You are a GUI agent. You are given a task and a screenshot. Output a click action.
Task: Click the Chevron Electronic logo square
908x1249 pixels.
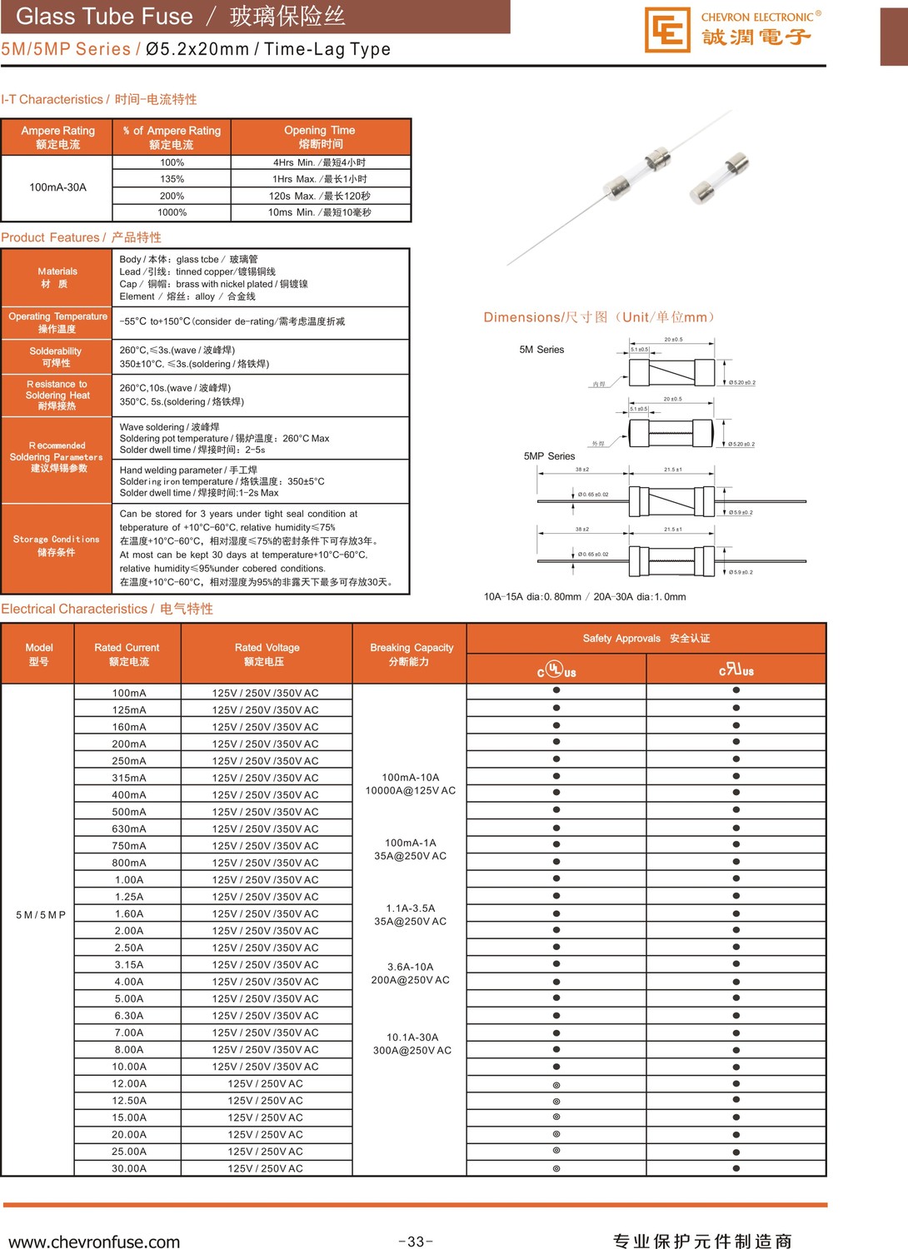[x=667, y=30]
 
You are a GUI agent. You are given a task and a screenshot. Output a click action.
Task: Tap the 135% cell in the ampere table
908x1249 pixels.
[x=172, y=179]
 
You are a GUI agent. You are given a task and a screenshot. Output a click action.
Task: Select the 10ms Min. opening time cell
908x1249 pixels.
[x=320, y=212]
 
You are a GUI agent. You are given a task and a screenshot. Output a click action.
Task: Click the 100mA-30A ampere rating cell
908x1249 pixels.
[x=57, y=187]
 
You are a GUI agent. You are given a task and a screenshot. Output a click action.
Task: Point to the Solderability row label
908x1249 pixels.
[x=56, y=357]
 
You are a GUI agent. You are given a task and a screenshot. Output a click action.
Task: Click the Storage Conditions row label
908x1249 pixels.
[x=56, y=545]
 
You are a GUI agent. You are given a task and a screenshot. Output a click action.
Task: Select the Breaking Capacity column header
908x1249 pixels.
[x=412, y=654]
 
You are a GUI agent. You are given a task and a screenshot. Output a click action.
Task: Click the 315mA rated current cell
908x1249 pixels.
[x=129, y=778]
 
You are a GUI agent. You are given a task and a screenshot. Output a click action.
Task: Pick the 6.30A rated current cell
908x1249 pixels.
[x=129, y=1016]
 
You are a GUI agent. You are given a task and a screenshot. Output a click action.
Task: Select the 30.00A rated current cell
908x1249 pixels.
[x=129, y=1168]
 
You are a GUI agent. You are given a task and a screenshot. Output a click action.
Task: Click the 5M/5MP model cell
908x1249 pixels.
[x=40, y=914]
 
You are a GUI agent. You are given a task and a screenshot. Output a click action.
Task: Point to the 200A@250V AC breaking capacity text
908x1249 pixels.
[x=411, y=980]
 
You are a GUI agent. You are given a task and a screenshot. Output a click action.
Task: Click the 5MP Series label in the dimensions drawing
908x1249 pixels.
[x=549, y=456]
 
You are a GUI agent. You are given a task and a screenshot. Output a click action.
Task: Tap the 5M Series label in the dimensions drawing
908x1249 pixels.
[x=541, y=350]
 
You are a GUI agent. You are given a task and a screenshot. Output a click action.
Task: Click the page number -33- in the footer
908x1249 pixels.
[x=415, y=1242]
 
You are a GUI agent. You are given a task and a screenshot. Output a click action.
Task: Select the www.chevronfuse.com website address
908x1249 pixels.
[x=94, y=1242]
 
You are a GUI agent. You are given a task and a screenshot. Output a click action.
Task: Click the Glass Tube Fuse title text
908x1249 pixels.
[x=104, y=17]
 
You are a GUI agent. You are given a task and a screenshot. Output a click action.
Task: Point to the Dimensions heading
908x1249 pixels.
[x=600, y=317]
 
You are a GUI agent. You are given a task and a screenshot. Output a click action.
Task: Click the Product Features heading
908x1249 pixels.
[x=81, y=237]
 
